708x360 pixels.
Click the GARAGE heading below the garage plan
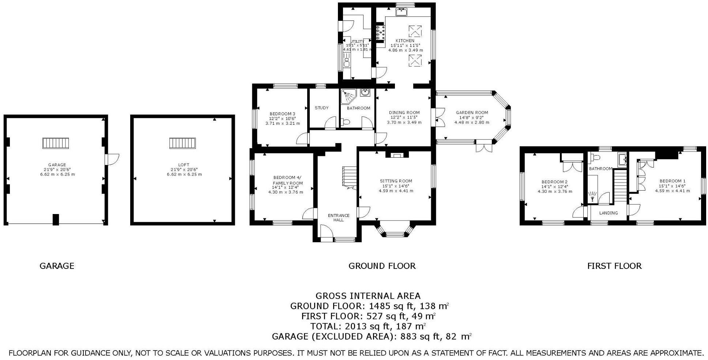tap(57, 266)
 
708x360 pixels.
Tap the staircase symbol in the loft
tap(182, 143)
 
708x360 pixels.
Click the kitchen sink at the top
tap(402, 12)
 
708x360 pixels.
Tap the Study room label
tap(321, 108)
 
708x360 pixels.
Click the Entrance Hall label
tap(339, 218)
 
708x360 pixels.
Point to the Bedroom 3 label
tap(282, 114)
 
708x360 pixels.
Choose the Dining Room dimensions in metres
tap(404, 122)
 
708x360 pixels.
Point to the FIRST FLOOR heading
tap(614, 266)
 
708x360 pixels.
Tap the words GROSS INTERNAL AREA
tap(368, 296)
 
